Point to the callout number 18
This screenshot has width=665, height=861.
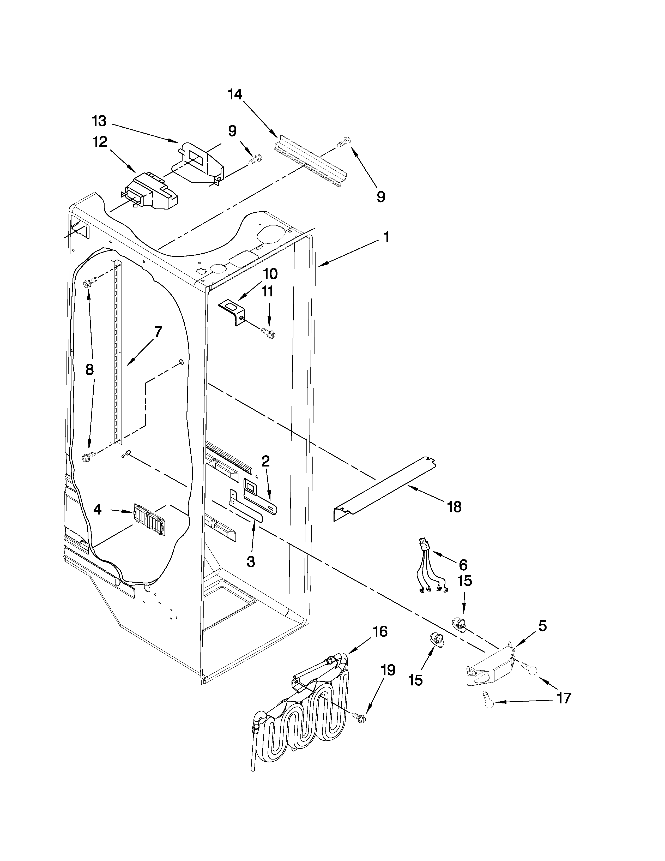[x=454, y=507]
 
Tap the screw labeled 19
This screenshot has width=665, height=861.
[x=360, y=718]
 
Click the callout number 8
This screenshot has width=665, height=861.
[x=90, y=369]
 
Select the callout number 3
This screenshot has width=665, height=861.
[x=251, y=562]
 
